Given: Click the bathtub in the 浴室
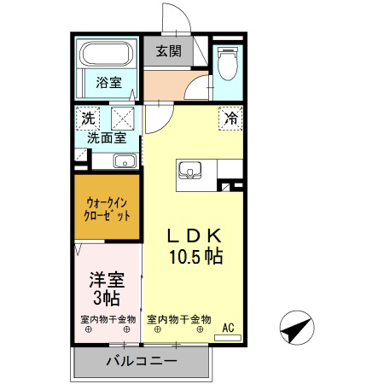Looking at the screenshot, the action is click(x=106, y=54).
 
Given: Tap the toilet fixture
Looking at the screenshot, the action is click(x=227, y=64).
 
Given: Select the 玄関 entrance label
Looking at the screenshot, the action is click(x=169, y=51).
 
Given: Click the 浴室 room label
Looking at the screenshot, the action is click(x=108, y=83).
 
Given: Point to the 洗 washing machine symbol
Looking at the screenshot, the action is click(x=88, y=119).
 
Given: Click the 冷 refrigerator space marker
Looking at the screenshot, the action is click(x=230, y=119).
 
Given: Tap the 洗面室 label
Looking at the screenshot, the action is click(x=107, y=138).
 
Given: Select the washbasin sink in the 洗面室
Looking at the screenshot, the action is click(x=125, y=161).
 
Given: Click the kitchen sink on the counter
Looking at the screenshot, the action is click(x=189, y=171).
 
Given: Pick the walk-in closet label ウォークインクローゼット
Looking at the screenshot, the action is click(x=107, y=209).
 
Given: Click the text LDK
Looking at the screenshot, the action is click(x=195, y=236).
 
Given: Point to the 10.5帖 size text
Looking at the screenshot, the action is click(x=196, y=256).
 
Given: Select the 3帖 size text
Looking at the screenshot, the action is click(x=107, y=298).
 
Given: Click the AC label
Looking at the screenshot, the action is click(x=228, y=328).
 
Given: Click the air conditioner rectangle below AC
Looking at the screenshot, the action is click(x=228, y=338).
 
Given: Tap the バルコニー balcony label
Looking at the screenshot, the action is click(x=142, y=361).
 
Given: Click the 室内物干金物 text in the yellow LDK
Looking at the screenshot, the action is click(x=179, y=319).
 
